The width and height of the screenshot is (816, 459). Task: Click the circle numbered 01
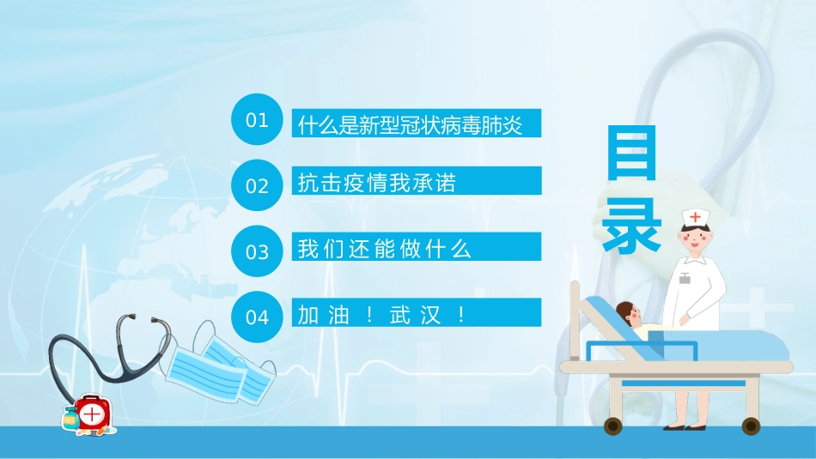coord(257,120)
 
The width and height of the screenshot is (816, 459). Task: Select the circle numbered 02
coord(257,185)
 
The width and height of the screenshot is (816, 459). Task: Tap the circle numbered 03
coord(257,251)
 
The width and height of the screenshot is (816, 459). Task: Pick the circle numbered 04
coord(257,317)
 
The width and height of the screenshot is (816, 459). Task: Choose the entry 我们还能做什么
coord(384,249)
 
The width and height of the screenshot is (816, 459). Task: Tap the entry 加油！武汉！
coord(381,315)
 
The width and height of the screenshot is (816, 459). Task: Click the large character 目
coord(631,154)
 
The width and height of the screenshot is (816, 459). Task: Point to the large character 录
coord(631,225)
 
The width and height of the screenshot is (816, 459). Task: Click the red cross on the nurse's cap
coord(695,216)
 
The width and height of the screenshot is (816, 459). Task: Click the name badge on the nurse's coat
coord(684,278)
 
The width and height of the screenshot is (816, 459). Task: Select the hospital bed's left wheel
coord(613,426)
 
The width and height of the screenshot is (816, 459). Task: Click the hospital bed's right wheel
coord(751,426)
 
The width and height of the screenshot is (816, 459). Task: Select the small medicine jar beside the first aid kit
coord(70,420)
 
